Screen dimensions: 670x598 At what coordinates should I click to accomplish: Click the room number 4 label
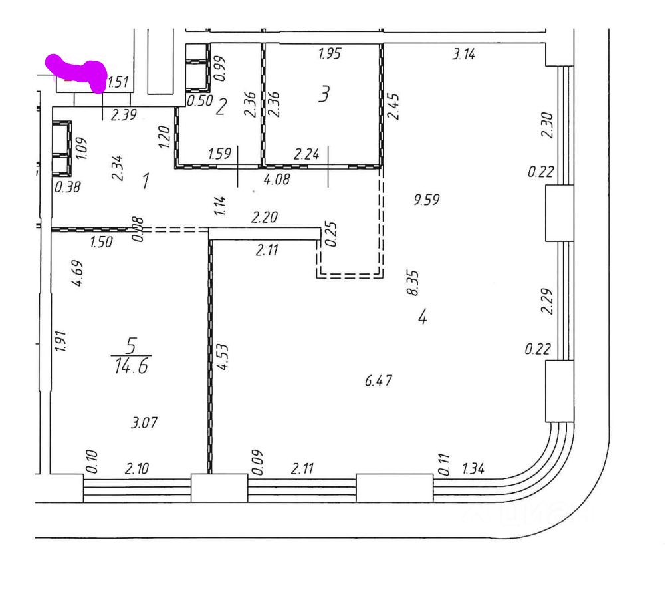coord(422,317)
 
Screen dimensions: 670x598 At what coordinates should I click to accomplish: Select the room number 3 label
coord(324,95)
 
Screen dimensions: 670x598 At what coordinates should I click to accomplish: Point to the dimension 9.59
coord(426,199)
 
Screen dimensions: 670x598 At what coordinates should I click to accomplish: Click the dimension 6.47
coord(379,381)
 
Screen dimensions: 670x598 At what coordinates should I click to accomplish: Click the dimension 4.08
coord(277,179)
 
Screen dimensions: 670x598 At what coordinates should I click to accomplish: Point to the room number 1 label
coord(146,180)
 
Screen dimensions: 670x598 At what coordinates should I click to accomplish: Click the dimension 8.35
coord(413,283)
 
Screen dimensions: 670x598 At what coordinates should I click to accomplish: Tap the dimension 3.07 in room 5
coord(145,422)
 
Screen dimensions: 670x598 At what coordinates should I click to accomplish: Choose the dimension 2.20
coord(263,217)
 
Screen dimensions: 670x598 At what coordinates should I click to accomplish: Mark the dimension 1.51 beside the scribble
coord(117,82)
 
